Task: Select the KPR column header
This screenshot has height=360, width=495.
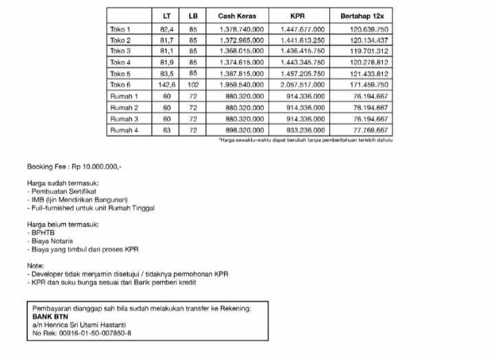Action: pos(302,15)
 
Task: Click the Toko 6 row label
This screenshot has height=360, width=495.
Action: pos(120,85)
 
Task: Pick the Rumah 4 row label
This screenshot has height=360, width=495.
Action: pos(124,130)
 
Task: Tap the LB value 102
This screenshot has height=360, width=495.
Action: pos(192,85)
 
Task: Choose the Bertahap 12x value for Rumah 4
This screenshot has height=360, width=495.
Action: pos(370,130)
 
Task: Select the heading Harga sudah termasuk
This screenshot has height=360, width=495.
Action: pos(63,183)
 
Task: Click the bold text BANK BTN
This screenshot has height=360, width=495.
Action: pos(49,317)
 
